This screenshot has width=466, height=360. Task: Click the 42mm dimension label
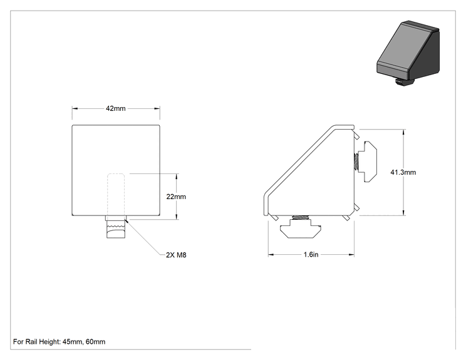[x=116, y=108]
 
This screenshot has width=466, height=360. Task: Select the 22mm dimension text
[x=176, y=197]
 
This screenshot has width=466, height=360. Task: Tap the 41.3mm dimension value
[x=403, y=172]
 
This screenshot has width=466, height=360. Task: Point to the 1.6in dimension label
[x=311, y=255]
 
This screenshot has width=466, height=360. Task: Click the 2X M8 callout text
[x=176, y=255]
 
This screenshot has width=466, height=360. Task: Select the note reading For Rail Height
[x=59, y=342]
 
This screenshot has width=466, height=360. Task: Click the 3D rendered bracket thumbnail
[x=408, y=53]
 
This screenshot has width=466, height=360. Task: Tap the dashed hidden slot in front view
[x=116, y=194]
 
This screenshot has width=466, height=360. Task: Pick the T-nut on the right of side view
[x=367, y=162]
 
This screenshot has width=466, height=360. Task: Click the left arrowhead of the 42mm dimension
[x=75, y=109]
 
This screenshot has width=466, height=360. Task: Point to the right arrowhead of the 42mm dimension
[x=157, y=109]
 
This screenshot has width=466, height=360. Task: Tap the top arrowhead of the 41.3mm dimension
[x=403, y=132]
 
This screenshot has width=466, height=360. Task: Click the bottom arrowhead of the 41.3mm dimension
[x=403, y=212]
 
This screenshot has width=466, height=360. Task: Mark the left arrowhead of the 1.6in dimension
[x=271, y=255]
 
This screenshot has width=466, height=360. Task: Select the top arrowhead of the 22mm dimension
[x=177, y=177]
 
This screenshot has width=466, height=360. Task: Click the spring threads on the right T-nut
[x=356, y=162]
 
